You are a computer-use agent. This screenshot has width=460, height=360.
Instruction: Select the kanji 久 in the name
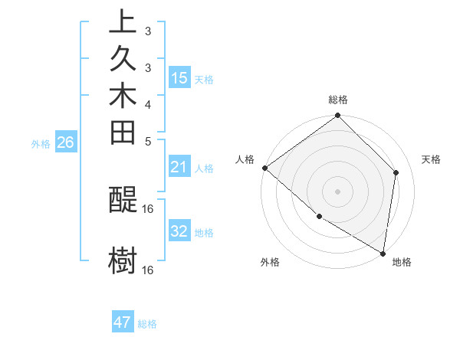click(x=123, y=62)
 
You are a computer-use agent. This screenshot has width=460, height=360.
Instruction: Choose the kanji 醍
click(x=123, y=201)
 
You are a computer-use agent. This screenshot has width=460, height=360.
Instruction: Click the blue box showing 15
click(x=179, y=78)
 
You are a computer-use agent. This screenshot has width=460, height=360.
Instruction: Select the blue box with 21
click(x=179, y=167)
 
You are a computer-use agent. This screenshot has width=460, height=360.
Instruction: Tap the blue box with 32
click(x=179, y=231)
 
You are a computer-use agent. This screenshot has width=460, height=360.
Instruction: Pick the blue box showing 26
click(x=66, y=142)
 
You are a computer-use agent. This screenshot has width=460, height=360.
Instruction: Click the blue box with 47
click(x=123, y=322)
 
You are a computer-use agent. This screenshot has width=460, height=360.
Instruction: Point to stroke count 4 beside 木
click(x=148, y=103)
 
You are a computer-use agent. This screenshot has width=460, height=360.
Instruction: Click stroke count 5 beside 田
click(x=148, y=140)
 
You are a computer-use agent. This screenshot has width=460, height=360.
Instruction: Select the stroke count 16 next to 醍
click(x=148, y=208)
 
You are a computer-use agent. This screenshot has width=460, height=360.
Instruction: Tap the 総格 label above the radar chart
click(x=338, y=100)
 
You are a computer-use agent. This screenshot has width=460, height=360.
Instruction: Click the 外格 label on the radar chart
click(x=270, y=262)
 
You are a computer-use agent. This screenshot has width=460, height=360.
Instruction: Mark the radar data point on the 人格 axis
click(x=264, y=168)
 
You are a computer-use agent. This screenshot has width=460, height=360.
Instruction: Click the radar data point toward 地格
click(x=383, y=252)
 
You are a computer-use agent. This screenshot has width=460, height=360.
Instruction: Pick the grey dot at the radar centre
click(x=338, y=191)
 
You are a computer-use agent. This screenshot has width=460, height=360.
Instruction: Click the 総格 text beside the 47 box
click(x=147, y=324)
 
